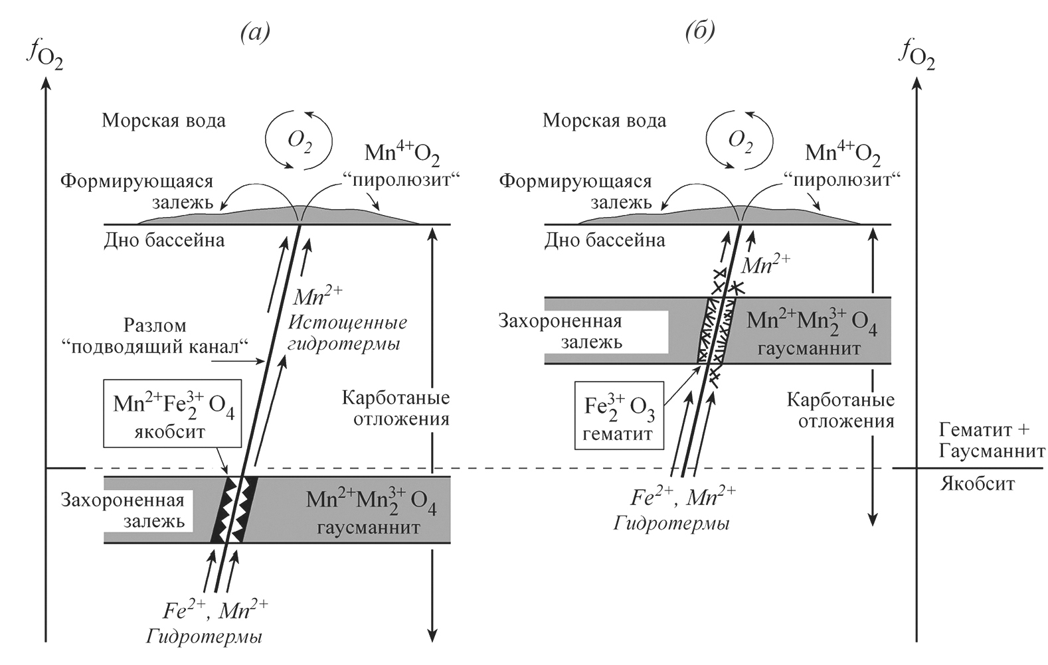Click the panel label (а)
click(254, 32)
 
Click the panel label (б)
click(700, 32)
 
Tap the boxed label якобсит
click(169, 432)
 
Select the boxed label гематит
click(618, 434)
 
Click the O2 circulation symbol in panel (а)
click(299, 141)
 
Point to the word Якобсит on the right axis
click(977, 483)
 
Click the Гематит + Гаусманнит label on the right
click(992, 441)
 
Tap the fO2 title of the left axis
click(46, 56)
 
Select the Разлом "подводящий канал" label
click(178, 336)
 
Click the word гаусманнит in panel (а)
click(369, 528)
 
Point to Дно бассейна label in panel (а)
click(164, 240)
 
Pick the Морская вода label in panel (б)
click(604, 121)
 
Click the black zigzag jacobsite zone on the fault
click(234, 508)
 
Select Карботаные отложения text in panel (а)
click(396, 408)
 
